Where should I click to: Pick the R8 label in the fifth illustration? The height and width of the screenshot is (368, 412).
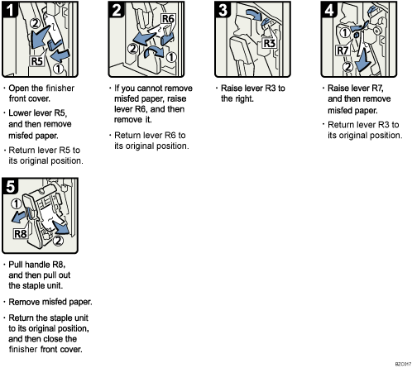coord(22,235)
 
